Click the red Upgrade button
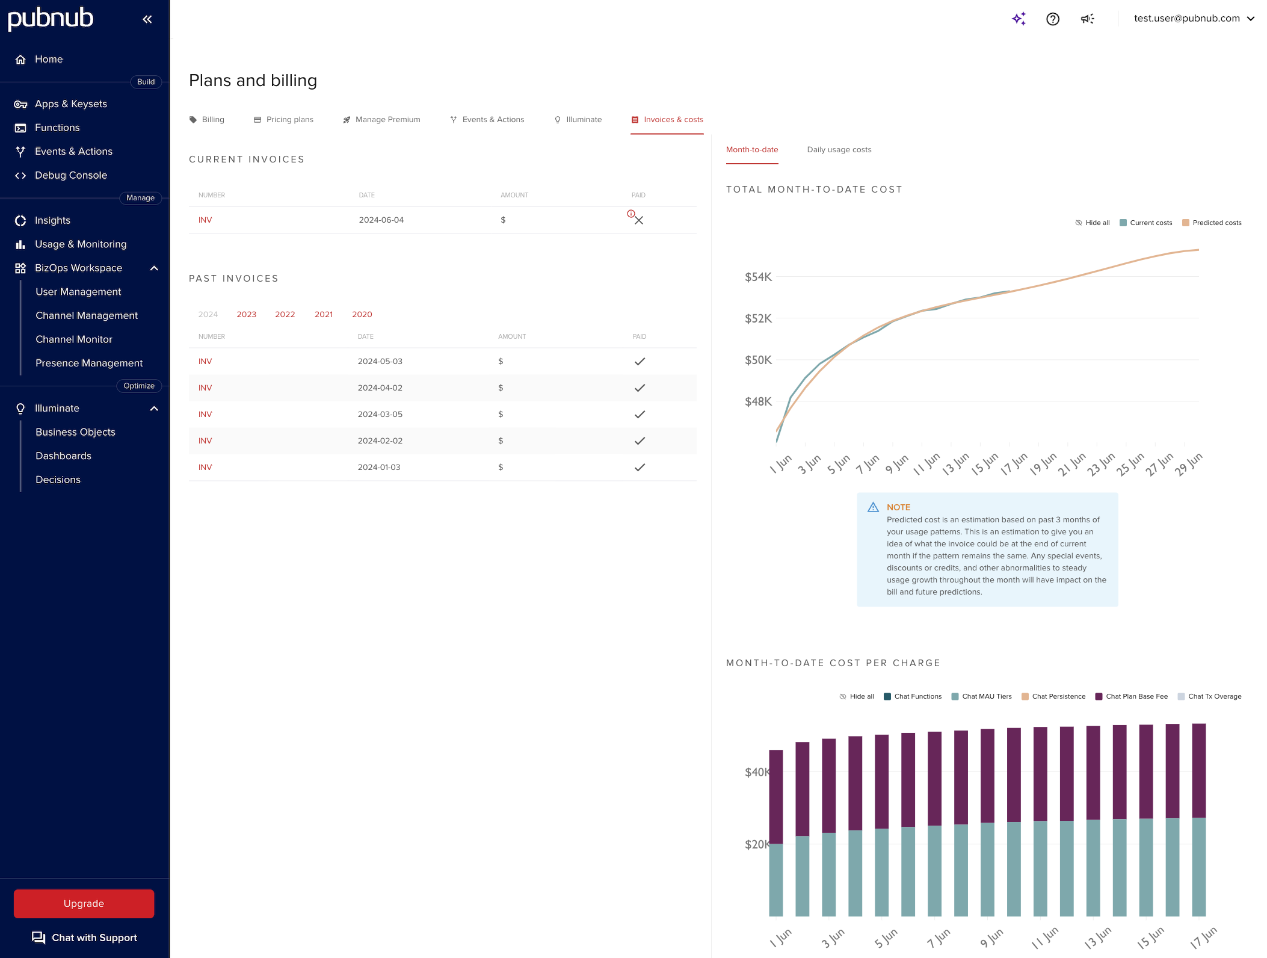click(x=84, y=903)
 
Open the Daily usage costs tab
click(x=839, y=150)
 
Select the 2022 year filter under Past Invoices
click(x=285, y=314)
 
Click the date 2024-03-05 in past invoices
click(x=380, y=414)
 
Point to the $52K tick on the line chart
click(x=758, y=318)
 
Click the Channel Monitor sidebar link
click(x=73, y=339)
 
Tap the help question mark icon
click(x=1052, y=19)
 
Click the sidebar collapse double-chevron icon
click(x=147, y=19)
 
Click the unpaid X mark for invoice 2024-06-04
click(x=639, y=220)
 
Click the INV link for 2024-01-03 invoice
click(x=205, y=467)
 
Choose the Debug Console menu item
click(x=70, y=175)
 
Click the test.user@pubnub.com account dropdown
click(x=1194, y=19)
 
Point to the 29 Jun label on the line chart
click(x=1188, y=464)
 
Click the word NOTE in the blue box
click(x=898, y=507)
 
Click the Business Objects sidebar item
click(x=75, y=432)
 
